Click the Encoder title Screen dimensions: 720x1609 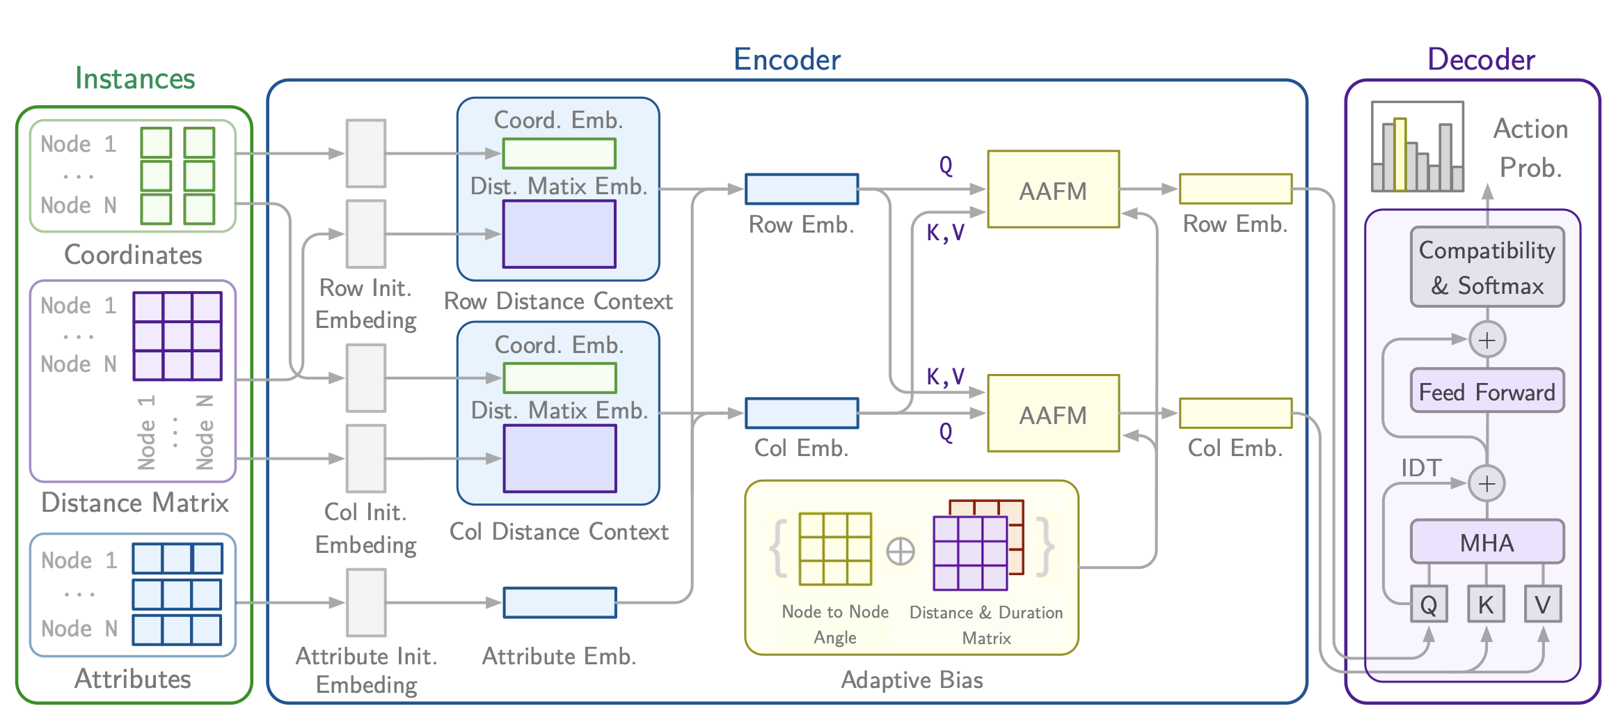click(x=786, y=60)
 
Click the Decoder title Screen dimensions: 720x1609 click(x=1481, y=60)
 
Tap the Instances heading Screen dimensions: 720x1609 click(x=135, y=79)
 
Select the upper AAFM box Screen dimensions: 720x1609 click(x=1053, y=189)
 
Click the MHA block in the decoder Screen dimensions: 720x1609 click(x=1487, y=542)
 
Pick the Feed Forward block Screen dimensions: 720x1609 click(x=1487, y=391)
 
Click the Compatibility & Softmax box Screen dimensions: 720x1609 click(x=1487, y=267)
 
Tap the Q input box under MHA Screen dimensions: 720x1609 click(x=1428, y=604)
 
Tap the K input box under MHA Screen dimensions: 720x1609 click(x=1485, y=604)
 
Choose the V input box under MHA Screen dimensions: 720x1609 click(x=1542, y=604)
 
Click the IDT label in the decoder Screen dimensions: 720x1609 click(x=1421, y=468)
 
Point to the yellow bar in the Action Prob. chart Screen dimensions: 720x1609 click(x=1400, y=155)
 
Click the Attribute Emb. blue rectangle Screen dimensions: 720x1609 click(x=560, y=602)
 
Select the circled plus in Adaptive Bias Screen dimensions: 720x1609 click(x=901, y=551)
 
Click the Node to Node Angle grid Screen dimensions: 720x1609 click(x=835, y=549)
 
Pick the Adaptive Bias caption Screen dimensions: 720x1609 click(x=912, y=680)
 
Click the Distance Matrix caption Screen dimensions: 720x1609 click(x=135, y=503)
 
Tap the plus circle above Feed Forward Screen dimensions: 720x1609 click(x=1487, y=340)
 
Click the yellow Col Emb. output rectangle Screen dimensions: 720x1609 click(x=1235, y=413)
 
